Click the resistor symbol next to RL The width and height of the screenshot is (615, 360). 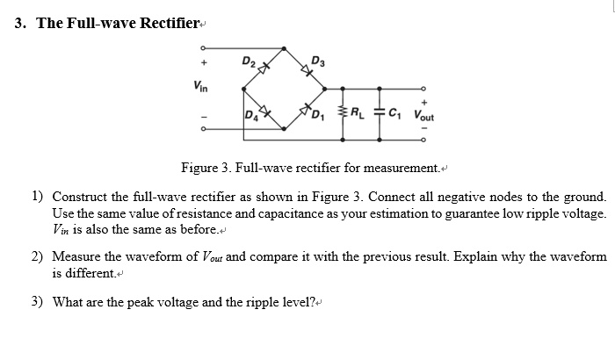(342, 111)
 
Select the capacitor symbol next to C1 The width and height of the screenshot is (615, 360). (380, 111)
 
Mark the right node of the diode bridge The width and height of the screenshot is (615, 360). (324, 88)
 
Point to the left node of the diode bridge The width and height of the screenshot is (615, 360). (242, 88)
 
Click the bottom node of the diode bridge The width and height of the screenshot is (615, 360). (284, 130)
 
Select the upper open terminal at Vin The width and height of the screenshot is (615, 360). (202, 47)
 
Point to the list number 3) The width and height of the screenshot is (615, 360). (38, 302)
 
